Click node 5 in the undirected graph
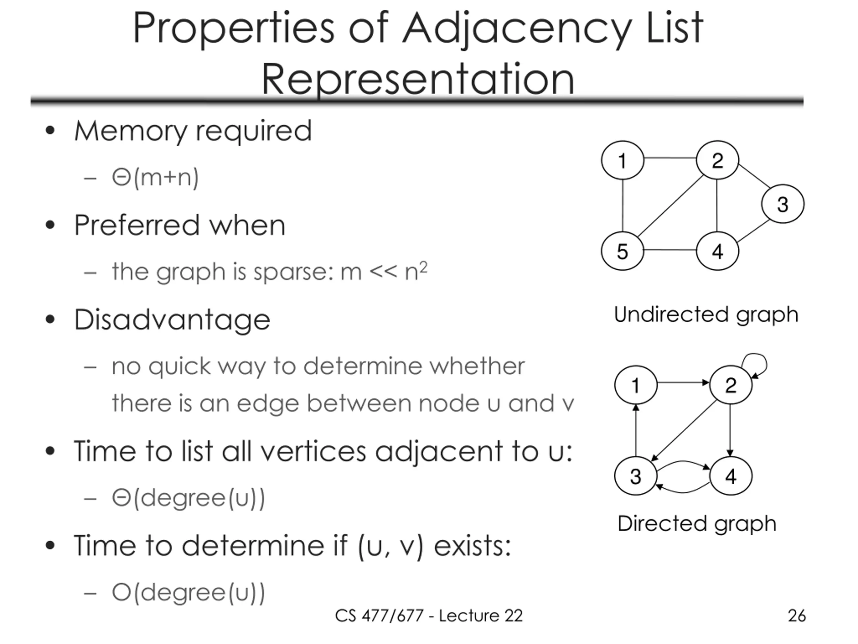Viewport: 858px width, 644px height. pos(622,251)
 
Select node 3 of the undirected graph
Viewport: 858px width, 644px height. pos(782,204)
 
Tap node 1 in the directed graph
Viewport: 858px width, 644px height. pos(635,385)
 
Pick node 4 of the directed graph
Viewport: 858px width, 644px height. pos(730,476)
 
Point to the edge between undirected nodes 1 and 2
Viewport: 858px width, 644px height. pos(670,158)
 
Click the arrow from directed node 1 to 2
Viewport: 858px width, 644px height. pos(683,383)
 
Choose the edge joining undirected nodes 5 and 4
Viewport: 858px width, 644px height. pos(670,250)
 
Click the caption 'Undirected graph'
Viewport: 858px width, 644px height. pos(706,314)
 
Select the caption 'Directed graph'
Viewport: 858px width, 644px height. pos(697,523)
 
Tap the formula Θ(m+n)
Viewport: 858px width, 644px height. pos(155,178)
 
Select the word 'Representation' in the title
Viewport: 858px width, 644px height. pos(418,78)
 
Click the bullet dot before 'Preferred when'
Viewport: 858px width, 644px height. pos(50,225)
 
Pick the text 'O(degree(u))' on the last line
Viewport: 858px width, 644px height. pos(188,593)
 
